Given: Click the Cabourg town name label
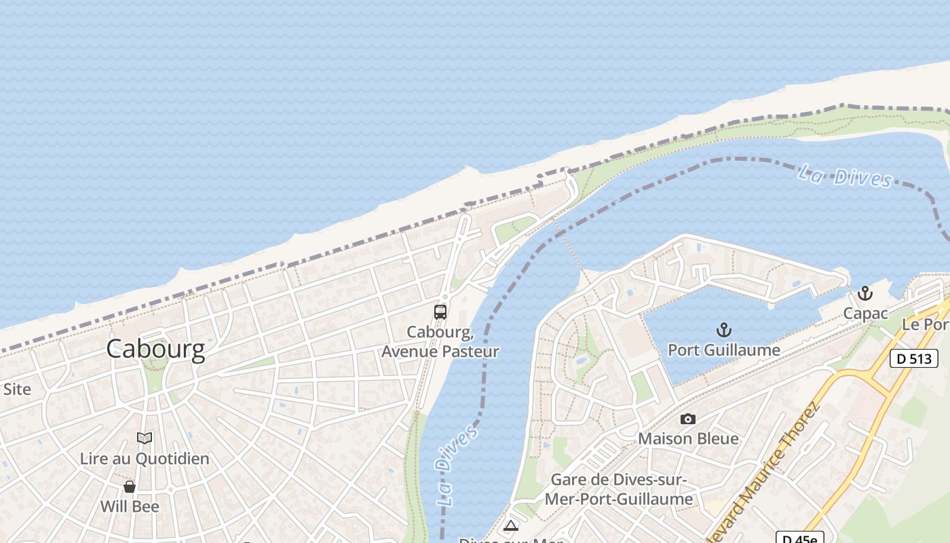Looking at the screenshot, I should coord(155,349).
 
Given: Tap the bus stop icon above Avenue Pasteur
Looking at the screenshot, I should coord(440,312).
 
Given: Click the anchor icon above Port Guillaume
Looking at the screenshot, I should coord(724,331).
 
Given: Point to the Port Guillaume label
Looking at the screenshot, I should coord(724,350).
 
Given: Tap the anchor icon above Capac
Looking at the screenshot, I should coord(864,294).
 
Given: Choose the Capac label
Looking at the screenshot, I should coord(865,314).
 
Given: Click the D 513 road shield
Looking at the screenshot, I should coord(913,358).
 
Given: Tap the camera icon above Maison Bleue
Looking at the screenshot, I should coord(688,419).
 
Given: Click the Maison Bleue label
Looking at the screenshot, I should coord(688,438).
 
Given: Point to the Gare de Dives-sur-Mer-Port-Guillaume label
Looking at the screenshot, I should coord(622,489).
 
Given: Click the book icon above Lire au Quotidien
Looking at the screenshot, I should coord(145,438).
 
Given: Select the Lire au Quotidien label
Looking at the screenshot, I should coord(145,458).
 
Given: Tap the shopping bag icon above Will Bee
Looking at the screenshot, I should coord(130,487).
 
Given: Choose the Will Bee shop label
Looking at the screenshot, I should coord(130,506).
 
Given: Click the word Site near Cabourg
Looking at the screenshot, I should coord(17,389).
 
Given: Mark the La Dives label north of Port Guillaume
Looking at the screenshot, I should coord(845,176).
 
